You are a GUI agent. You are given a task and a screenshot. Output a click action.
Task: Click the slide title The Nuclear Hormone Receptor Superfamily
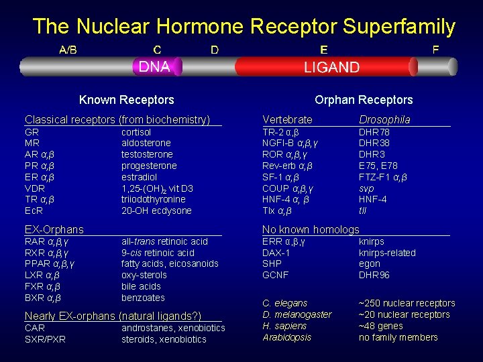[x=244, y=27]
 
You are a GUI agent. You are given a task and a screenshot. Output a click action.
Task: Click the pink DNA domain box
[x=154, y=66]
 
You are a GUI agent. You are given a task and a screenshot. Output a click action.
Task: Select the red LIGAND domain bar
[x=331, y=67]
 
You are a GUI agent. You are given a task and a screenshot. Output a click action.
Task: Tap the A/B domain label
[x=68, y=50]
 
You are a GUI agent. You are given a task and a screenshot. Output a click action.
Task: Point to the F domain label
[x=436, y=50]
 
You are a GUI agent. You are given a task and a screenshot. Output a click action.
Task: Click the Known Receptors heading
[x=126, y=100]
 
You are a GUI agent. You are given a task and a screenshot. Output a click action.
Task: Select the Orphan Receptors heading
[x=364, y=100]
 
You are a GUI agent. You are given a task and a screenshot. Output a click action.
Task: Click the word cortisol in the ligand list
[x=136, y=132]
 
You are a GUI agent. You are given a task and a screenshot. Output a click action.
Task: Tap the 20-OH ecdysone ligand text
[x=156, y=210]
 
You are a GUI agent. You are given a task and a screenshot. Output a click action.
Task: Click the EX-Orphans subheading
[x=54, y=230]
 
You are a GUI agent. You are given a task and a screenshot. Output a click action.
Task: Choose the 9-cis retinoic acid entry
[x=158, y=253]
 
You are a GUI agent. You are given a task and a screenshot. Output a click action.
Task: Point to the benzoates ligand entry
[x=143, y=298]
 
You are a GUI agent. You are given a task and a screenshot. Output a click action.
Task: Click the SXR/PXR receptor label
[x=45, y=339]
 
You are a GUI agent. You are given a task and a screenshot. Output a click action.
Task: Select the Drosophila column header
[x=384, y=119]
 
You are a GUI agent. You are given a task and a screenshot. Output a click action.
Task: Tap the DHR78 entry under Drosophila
[x=374, y=132]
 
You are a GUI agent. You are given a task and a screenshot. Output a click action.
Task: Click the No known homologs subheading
[x=311, y=230]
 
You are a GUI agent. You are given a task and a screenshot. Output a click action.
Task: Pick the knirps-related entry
[x=387, y=253]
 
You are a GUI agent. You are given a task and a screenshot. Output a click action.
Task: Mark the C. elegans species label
[x=284, y=303]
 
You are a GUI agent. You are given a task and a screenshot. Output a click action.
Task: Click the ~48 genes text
[x=381, y=326]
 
